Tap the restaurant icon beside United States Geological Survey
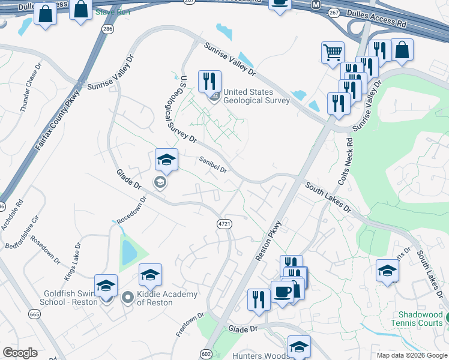point(209,81)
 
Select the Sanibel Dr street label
point(213,164)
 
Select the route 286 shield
point(107,28)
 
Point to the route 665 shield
point(34,314)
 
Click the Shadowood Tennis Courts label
point(422,319)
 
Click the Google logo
point(20,353)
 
